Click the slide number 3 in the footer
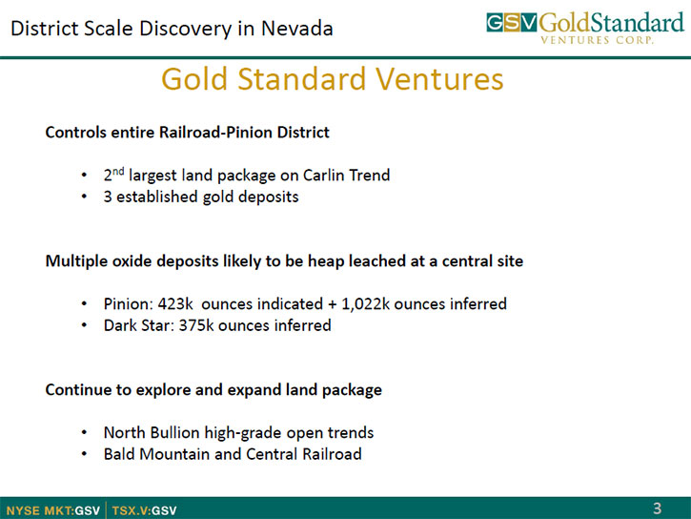(x=657, y=509)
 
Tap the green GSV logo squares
(x=512, y=23)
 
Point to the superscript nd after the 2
(x=118, y=171)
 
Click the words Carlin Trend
(x=346, y=175)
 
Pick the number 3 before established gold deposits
(x=108, y=197)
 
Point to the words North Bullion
(x=152, y=432)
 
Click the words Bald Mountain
(x=157, y=454)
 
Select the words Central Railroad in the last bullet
(x=304, y=454)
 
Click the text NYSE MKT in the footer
(x=39, y=510)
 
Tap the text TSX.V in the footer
(x=130, y=510)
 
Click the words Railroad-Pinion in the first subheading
(x=215, y=133)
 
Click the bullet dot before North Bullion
(x=84, y=432)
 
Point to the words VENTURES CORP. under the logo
(x=597, y=40)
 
